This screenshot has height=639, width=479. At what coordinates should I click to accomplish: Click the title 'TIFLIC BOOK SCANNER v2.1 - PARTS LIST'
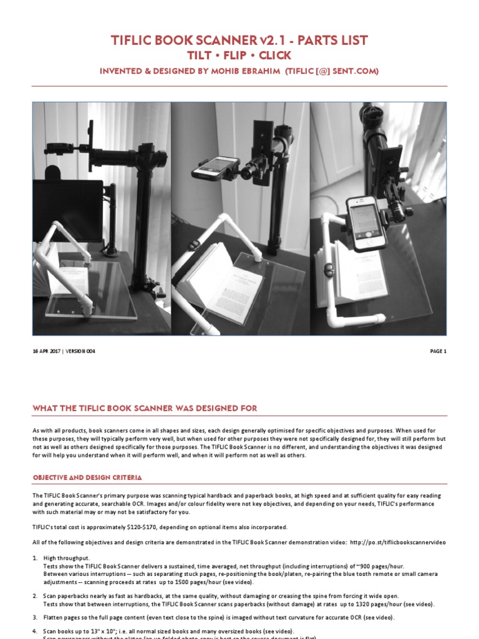(239, 41)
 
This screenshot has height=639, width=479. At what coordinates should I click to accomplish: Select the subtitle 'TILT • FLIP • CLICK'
(239, 56)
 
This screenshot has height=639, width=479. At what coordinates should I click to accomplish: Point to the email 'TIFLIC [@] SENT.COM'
(334, 71)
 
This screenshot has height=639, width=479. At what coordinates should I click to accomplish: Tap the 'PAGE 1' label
(438, 351)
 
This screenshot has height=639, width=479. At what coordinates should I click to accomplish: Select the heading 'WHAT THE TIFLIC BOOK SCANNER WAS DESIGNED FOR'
(145, 408)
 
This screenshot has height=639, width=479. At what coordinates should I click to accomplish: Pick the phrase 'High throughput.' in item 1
(67, 557)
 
